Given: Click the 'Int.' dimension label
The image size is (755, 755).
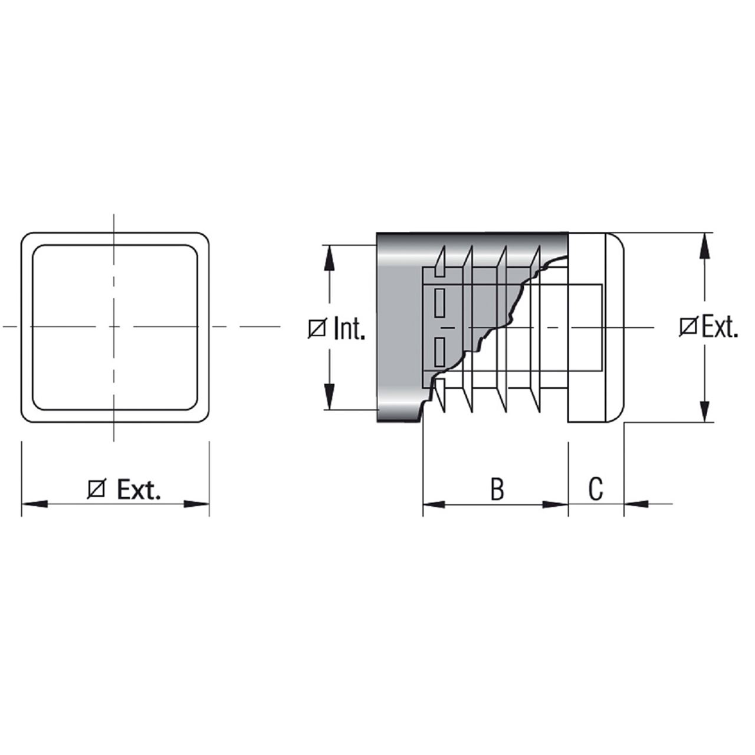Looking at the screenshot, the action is (x=350, y=328).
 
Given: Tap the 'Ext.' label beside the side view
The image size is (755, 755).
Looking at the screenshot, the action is (x=720, y=326).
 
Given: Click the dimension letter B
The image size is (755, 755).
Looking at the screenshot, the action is (x=498, y=489).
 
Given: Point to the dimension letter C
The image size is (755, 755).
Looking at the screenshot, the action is (x=596, y=489).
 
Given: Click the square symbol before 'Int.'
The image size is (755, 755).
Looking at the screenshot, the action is (x=317, y=329).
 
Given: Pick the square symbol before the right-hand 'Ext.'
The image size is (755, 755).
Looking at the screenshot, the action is (x=688, y=327).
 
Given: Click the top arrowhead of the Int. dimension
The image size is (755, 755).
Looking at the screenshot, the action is (x=329, y=258).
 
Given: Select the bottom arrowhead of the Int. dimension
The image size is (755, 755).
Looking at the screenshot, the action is (x=329, y=397).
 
